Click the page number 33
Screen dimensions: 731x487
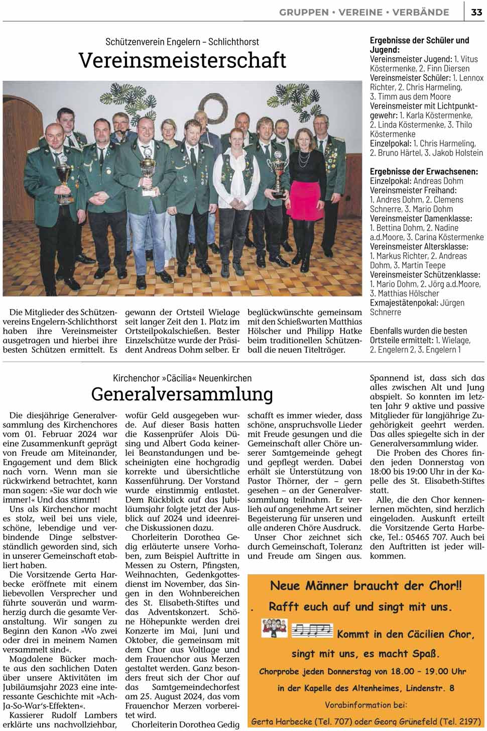coord(476,13)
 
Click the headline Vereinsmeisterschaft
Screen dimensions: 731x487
coord(182,61)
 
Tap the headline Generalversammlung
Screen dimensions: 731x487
coord(182,394)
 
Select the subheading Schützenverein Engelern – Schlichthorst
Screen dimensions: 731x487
coord(182,42)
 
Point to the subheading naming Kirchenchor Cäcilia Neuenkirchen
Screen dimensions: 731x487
coord(182,378)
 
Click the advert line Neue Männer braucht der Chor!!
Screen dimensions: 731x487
coord(366,586)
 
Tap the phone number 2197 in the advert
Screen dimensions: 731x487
coord(469,721)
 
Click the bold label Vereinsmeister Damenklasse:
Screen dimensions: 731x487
coord(421,219)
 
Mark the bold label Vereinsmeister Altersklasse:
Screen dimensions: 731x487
coord(419,247)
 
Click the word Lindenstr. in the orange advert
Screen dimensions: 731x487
coord(421,688)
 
